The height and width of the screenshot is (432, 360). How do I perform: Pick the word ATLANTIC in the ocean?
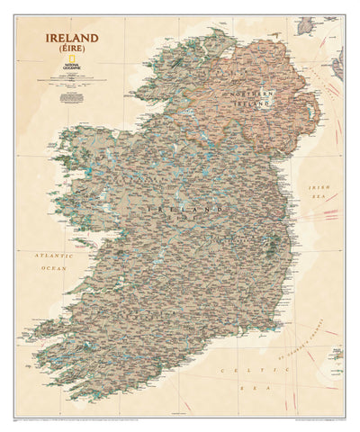click(50, 256)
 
